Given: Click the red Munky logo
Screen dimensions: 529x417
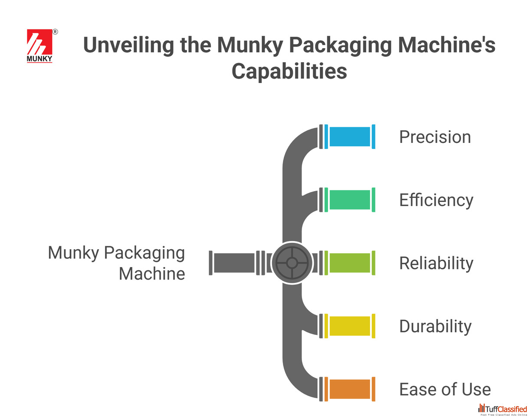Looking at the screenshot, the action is tap(39, 46).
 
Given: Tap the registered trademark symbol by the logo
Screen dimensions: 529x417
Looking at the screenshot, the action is tap(55, 32).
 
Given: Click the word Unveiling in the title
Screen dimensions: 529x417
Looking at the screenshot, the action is tap(128, 45).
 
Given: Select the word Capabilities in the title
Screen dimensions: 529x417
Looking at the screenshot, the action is tap(289, 71).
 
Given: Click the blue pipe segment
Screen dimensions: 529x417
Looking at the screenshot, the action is tap(349, 136).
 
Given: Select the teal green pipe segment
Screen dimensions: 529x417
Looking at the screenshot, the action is tap(349, 199).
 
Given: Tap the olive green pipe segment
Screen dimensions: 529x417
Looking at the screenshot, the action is tap(349, 263).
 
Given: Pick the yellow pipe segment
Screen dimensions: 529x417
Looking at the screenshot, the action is tap(349, 326).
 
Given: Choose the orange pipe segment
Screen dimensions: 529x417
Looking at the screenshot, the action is tap(349, 389).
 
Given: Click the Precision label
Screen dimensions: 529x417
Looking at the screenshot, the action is tap(435, 137).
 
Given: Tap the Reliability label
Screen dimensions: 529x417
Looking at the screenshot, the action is tap(436, 264).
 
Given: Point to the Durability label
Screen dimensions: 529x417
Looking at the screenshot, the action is tap(435, 327).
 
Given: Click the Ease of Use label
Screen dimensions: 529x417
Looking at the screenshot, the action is tap(445, 389).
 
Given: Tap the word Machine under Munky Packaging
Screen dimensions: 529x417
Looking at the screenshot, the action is tap(151, 274).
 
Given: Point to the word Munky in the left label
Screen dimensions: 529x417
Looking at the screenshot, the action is tap(73, 253).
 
